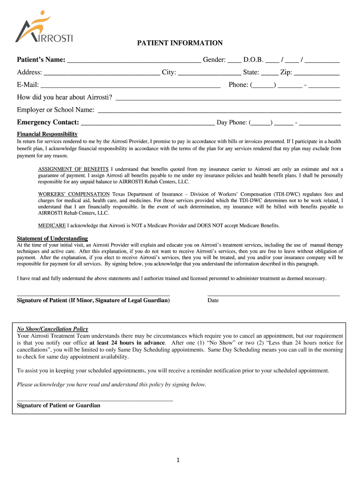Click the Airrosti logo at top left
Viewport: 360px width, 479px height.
44,28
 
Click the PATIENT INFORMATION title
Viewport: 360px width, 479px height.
180,43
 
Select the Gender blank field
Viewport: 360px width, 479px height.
235,61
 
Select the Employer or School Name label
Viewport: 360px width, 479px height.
56,110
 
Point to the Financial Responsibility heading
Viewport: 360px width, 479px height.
47,134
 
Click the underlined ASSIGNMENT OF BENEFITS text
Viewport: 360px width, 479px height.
73,169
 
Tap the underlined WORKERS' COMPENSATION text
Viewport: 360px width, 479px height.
74,194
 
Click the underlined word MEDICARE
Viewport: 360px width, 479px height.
51,225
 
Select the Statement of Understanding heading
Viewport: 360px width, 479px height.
52,239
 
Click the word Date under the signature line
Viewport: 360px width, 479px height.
213,300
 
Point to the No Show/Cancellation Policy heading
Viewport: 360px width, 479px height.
52,329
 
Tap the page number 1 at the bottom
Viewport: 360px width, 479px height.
178,460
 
